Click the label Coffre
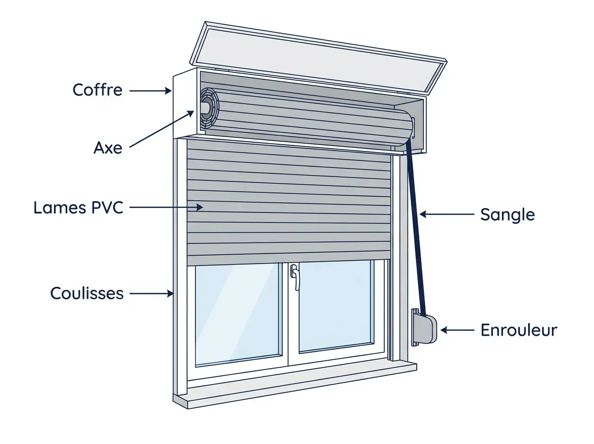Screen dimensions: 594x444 [x=98, y=90]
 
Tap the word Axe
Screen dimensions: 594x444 [x=108, y=148]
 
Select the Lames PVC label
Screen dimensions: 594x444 [x=78, y=208]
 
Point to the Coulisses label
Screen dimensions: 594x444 [x=87, y=293]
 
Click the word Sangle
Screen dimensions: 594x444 [x=507, y=215]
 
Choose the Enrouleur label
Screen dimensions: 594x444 [x=519, y=330]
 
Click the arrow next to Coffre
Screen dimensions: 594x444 [x=150, y=91]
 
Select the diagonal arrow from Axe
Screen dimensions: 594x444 [x=161, y=129]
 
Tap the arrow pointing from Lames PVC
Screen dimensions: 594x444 [x=166, y=208]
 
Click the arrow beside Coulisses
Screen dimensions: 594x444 [x=151, y=293]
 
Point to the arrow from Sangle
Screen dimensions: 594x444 [x=447, y=214]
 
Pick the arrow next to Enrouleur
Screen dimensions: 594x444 [x=457, y=330]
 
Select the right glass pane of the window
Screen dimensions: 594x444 [x=336, y=306]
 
